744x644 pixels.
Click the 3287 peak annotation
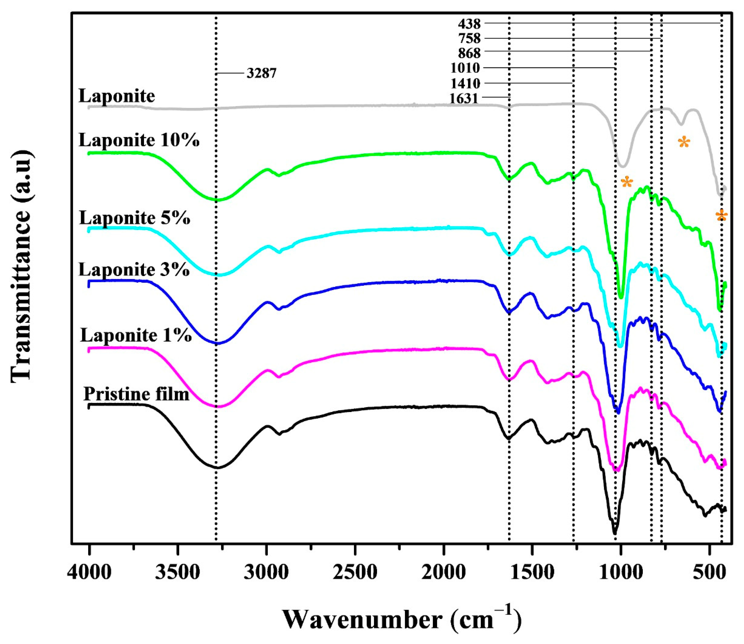tap(261, 74)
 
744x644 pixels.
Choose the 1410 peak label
tap(465, 84)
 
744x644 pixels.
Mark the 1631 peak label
tap(464, 98)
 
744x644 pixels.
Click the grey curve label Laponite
tap(117, 96)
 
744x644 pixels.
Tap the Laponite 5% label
tap(134, 218)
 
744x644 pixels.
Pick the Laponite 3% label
tap(134, 270)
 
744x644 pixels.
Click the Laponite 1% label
tap(135, 336)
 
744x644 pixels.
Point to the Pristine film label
tap(136, 395)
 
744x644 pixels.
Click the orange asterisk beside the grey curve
tap(684, 143)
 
